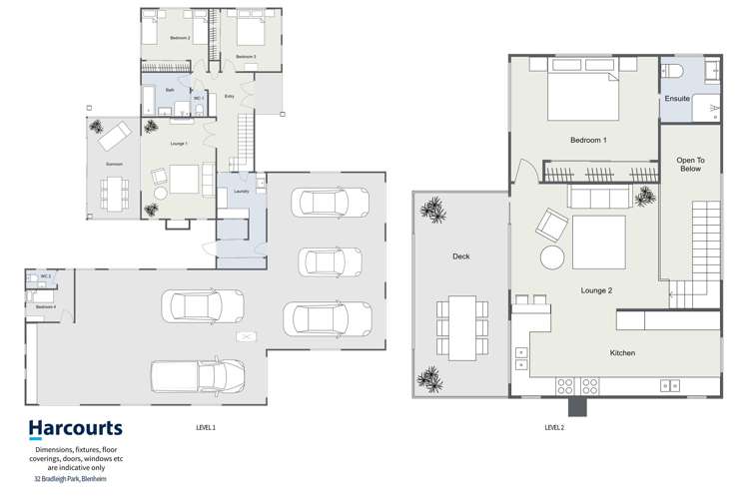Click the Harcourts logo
click(x=75, y=429)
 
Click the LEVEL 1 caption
click(x=206, y=427)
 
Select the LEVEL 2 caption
click(x=554, y=427)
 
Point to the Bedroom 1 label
click(x=588, y=141)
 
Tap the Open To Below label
click(x=690, y=164)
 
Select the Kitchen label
click(x=622, y=353)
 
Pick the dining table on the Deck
click(x=461, y=327)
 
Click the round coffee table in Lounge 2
click(x=552, y=257)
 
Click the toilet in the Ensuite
click(x=672, y=73)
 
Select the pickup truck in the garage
click(x=198, y=376)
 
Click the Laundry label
click(x=240, y=191)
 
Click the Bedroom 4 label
click(x=46, y=307)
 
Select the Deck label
click(x=460, y=256)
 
